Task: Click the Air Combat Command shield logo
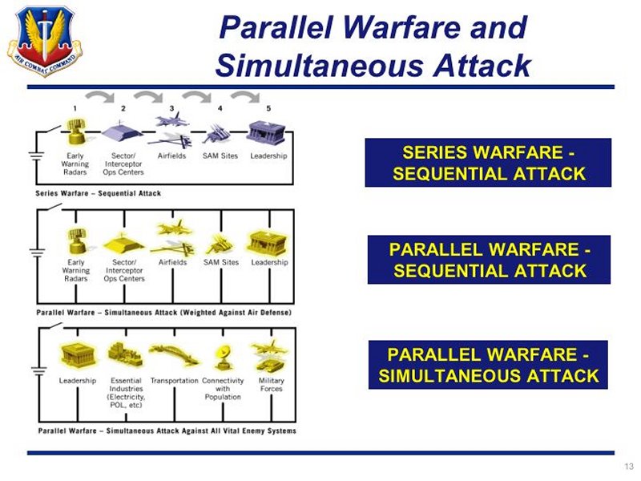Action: point(45,41)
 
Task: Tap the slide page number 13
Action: point(629,467)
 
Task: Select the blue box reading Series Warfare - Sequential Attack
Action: point(488,163)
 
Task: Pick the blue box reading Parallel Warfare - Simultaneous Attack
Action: point(488,365)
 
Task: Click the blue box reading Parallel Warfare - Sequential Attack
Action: point(489,260)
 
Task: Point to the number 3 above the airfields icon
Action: point(171,108)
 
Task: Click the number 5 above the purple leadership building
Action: point(268,108)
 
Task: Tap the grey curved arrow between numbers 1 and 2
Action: point(100,96)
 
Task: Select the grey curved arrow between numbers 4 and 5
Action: point(245,96)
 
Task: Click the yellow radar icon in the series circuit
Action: point(76,131)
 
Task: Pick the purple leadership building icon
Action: point(266,131)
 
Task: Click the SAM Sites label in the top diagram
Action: point(220,156)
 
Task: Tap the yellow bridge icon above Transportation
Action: point(174,354)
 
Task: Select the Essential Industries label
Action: point(126,393)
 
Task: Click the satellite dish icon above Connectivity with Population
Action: point(224,358)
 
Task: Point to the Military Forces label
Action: point(271,385)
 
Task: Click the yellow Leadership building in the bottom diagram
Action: point(79,354)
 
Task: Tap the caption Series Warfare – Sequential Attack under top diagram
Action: point(98,193)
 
